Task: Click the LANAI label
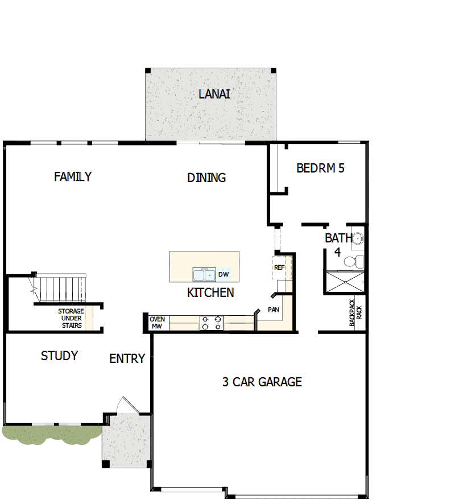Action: point(214,94)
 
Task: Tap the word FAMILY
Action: point(73,176)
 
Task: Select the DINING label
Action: point(206,178)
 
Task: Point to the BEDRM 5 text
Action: point(320,168)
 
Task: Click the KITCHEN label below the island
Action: point(210,293)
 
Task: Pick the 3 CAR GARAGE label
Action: point(262,382)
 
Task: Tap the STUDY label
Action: point(59,356)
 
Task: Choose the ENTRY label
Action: point(127,359)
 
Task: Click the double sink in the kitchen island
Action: point(204,275)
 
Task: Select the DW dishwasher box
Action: point(224,275)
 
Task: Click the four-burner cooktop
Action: point(210,323)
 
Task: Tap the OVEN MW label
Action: point(158,323)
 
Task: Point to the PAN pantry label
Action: point(274,311)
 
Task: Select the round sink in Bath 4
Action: point(358,239)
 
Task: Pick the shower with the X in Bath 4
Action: point(344,282)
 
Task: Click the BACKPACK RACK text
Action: point(355,313)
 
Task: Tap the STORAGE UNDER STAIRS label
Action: point(71,319)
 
